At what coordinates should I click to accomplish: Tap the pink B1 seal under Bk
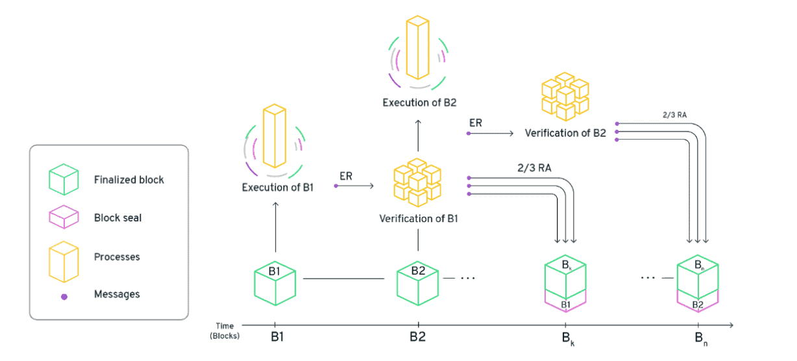pos(565,304)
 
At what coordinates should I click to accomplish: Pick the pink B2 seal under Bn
pos(698,304)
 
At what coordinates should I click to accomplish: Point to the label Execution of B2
pos(419,103)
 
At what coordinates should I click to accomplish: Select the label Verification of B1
pos(419,218)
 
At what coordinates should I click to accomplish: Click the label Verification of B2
pos(565,133)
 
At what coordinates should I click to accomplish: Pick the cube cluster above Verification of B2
pos(565,96)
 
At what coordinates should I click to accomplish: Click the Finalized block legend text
pos(129,179)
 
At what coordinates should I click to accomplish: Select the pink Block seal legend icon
pos(64,218)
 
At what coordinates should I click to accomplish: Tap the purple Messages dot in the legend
pos(64,295)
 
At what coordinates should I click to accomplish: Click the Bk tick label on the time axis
pos(565,338)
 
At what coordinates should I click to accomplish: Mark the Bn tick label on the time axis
pos(698,338)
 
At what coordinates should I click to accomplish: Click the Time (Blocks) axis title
pos(225,330)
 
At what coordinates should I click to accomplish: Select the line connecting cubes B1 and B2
pos(344,279)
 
